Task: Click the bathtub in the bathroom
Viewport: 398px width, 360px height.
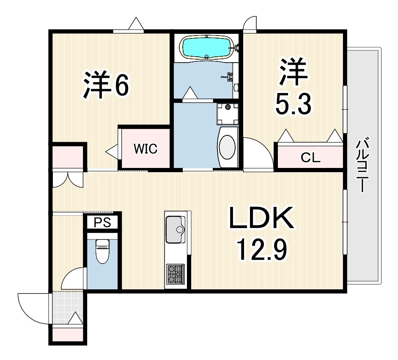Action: (207, 47)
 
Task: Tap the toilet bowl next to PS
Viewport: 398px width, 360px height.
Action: (102, 251)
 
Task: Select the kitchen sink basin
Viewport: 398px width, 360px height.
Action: (176, 229)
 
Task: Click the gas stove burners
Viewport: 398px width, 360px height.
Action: (175, 273)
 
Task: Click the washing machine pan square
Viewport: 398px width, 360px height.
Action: (228, 114)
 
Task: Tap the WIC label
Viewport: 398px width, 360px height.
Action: (145, 149)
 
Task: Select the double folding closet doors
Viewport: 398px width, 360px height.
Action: (68, 179)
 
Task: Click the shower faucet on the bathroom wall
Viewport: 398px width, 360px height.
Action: (230, 76)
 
